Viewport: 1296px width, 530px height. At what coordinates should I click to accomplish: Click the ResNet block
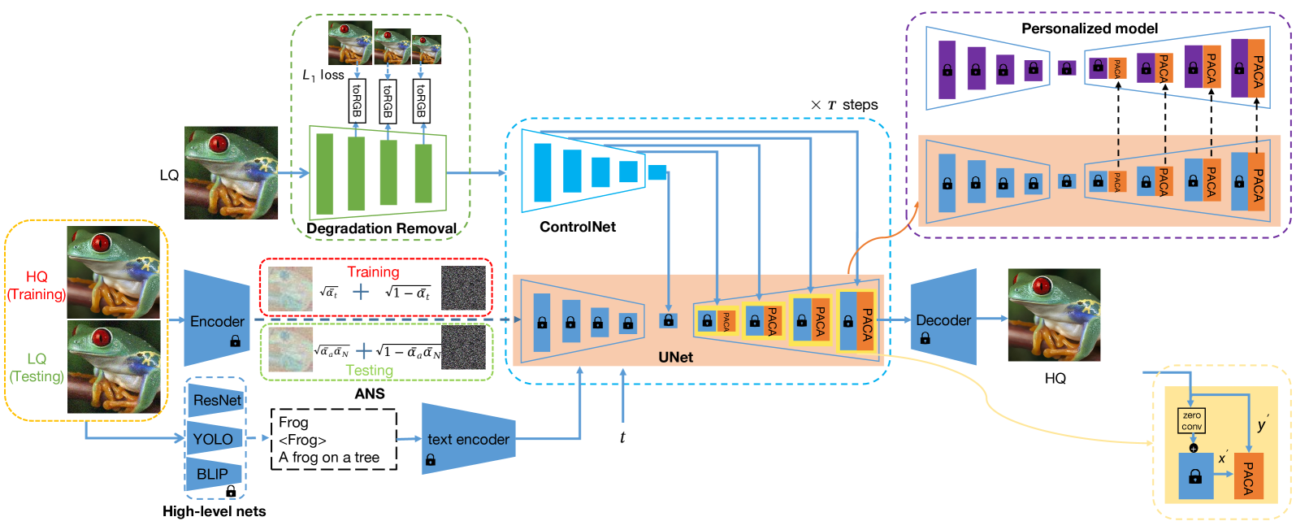click(216, 400)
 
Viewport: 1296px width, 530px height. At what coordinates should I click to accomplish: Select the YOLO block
click(214, 439)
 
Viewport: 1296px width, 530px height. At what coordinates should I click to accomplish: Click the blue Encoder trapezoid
click(217, 319)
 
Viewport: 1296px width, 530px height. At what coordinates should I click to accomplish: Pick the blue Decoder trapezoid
click(943, 318)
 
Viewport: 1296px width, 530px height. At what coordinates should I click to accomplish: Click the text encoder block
click(468, 440)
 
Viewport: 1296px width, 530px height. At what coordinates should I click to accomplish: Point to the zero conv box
click(1191, 421)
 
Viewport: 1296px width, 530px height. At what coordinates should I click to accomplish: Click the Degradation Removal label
click(381, 228)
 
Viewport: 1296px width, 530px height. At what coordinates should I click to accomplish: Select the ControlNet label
click(578, 227)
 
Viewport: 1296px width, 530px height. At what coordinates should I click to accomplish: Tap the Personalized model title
click(1089, 28)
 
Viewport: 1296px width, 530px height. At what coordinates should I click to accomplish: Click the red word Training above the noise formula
click(373, 272)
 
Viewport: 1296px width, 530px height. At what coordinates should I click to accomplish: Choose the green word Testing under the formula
click(370, 370)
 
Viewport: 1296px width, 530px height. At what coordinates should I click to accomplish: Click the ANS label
click(370, 393)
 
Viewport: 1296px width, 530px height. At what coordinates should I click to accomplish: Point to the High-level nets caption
click(214, 511)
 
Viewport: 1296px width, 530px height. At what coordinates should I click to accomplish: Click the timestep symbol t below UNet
click(622, 437)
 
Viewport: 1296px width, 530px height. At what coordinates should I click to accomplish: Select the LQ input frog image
click(231, 173)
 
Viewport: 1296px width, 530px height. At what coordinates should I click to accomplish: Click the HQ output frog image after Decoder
click(1054, 315)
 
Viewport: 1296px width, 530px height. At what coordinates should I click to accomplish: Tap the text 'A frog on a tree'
click(329, 458)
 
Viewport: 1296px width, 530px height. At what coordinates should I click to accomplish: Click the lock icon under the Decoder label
click(925, 337)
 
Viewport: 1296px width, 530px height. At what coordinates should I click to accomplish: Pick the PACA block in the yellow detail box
click(1248, 478)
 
